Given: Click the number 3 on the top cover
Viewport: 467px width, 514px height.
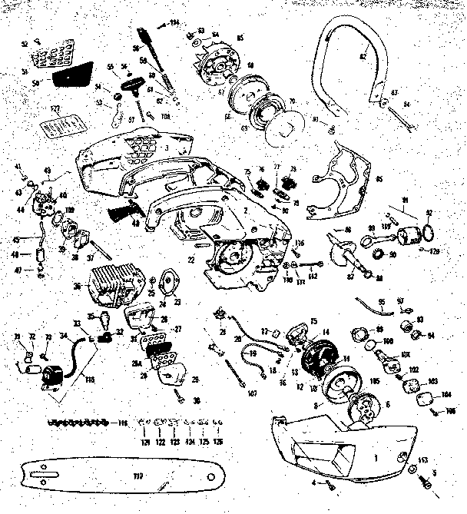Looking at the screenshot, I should [x=167, y=145].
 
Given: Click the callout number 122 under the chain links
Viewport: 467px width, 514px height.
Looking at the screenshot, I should [x=159, y=443].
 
